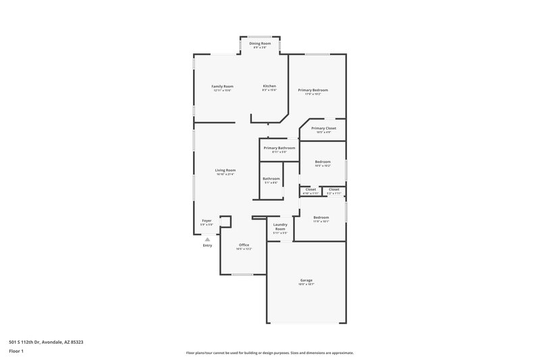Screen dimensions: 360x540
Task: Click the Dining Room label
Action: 260,43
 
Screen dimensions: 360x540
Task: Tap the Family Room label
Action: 222,86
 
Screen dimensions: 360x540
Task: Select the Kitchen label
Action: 269,86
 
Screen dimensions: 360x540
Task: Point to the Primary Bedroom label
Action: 313,90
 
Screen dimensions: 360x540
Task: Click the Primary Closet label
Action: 323,128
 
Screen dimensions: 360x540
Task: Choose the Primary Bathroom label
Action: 279,148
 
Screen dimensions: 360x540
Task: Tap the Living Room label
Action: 225,170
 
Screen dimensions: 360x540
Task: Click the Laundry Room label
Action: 280,224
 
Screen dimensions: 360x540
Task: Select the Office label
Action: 244,245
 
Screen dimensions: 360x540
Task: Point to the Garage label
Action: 306,280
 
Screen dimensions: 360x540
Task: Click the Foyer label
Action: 207,221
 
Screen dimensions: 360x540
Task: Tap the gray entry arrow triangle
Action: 207,239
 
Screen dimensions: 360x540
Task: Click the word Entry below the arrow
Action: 207,245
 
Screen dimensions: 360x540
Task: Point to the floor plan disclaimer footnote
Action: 269,353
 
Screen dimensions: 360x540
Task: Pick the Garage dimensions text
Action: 306,284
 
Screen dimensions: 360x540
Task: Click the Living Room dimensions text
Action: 225,174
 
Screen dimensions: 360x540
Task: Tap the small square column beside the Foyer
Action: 226,222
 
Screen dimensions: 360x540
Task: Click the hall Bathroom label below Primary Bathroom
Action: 271,179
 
